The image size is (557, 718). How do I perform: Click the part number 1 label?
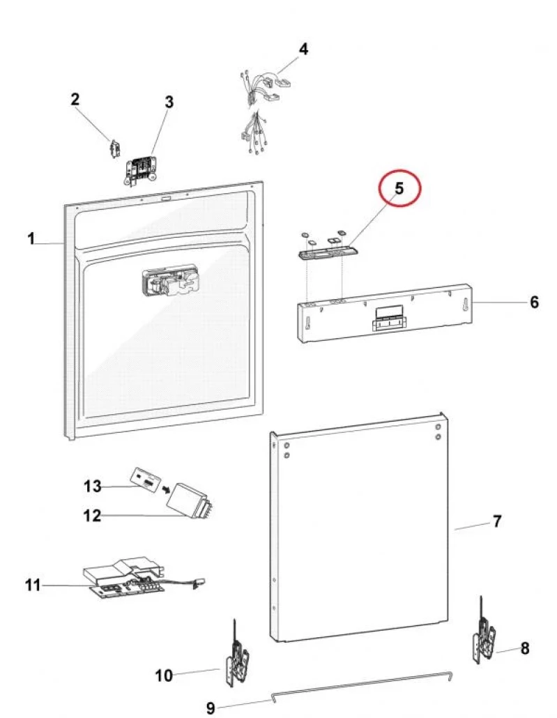(31, 239)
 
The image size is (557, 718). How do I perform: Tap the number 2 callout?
(75, 99)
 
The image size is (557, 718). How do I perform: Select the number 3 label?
(169, 102)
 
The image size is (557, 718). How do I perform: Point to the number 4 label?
(303, 49)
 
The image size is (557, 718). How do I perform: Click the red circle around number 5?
(399, 188)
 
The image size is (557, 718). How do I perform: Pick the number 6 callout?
(534, 302)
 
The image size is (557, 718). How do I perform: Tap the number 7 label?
(496, 521)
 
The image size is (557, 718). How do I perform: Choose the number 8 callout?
(524, 648)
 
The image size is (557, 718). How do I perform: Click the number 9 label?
(211, 708)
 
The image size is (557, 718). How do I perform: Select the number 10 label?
(163, 675)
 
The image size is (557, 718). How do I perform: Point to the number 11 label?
(33, 585)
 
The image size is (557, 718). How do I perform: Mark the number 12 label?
(92, 516)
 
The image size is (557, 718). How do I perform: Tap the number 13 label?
(93, 486)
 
